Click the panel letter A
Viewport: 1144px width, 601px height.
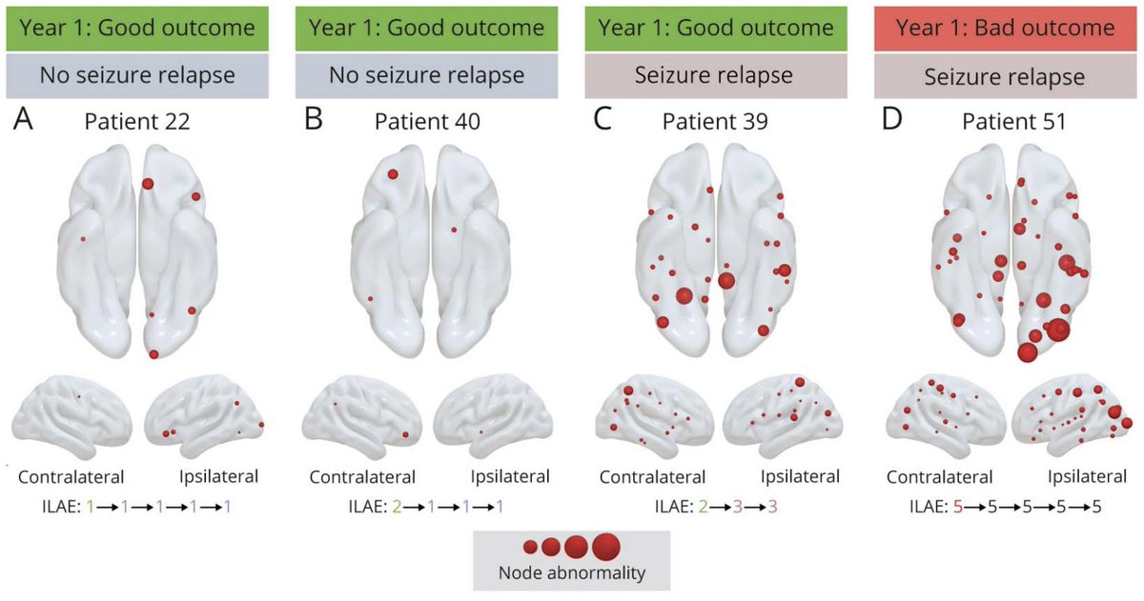(24, 121)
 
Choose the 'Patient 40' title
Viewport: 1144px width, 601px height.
(426, 122)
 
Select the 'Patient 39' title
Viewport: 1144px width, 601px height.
(716, 122)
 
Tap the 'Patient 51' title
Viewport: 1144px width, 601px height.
(1006, 122)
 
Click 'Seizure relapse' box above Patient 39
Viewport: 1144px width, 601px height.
(714, 75)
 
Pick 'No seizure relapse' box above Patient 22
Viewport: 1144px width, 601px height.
(136, 75)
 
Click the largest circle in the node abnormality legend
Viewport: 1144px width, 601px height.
(606, 547)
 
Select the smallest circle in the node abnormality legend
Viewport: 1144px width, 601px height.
(530, 547)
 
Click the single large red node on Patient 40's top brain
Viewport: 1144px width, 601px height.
(393, 174)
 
